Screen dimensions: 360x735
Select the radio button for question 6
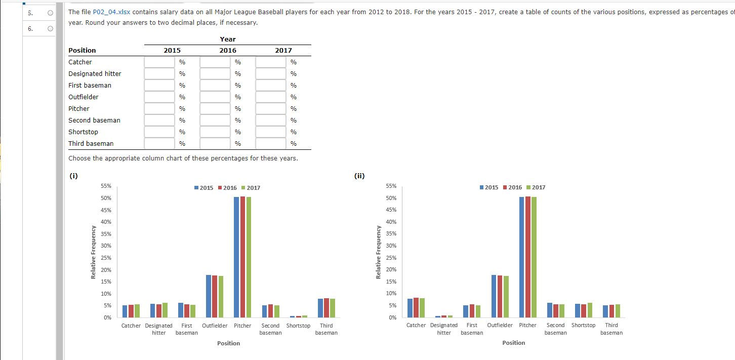coord(50,29)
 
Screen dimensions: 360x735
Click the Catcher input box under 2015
coord(159,62)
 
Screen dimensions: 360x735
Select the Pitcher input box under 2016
coord(215,109)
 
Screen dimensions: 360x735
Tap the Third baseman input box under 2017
coord(271,144)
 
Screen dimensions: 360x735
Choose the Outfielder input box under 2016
coord(215,97)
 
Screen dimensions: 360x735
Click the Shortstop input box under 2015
coord(159,132)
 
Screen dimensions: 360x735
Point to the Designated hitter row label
coord(95,74)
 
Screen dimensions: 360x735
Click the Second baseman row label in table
coord(94,121)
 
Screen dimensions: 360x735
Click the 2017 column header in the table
coord(283,51)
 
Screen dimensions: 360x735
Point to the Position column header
coord(82,51)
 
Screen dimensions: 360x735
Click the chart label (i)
coord(73,176)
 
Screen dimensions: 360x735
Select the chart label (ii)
coord(359,176)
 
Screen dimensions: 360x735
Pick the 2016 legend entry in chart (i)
coord(227,188)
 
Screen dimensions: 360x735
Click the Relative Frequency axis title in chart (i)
coord(93,252)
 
